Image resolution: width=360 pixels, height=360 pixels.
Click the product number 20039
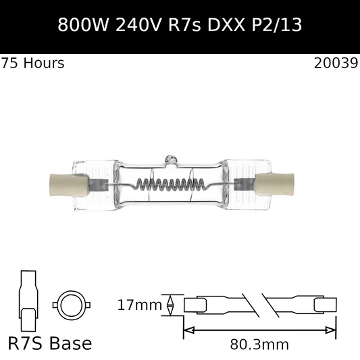point(336,63)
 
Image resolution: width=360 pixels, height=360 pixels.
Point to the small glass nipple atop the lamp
point(171,160)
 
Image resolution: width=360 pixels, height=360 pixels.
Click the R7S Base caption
point(49,343)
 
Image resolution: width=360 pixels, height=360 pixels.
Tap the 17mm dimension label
point(139,305)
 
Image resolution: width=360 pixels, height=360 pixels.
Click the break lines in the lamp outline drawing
point(261,305)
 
